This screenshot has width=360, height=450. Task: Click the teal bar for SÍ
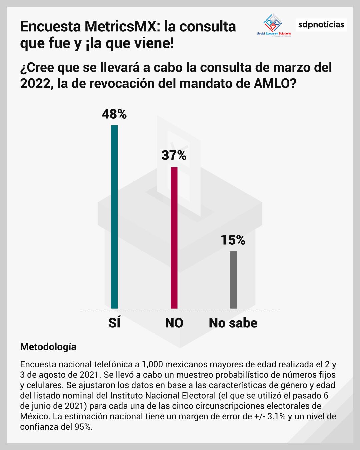click(x=114, y=217)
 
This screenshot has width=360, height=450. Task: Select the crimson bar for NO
click(x=174, y=238)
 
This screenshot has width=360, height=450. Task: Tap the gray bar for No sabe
click(x=234, y=280)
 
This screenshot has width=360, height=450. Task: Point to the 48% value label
click(x=114, y=114)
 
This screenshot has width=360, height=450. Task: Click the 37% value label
click(x=174, y=155)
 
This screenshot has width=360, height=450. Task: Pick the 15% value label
click(x=233, y=240)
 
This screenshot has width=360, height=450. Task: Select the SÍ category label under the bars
click(x=114, y=323)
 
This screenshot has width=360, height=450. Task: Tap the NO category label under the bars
click(x=174, y=323)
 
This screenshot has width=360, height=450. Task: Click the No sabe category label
click(x=233, y=323)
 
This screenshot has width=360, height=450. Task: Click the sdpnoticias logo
click(x=321, y=25)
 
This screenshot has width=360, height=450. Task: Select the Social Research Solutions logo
click(x=274, y=25)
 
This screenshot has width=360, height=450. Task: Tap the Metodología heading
click(x=48, y=347)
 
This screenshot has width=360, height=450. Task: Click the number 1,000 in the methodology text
click(x=153, y=364)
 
